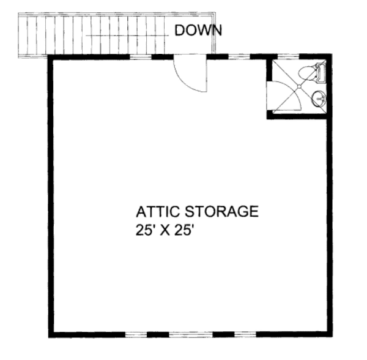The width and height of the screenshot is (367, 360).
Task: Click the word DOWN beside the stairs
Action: pyautogui.click(x=198, y=31)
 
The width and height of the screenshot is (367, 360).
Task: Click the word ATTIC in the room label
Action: pyautogui.click(x=158, y=211)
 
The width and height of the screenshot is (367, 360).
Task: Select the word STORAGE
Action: pyautogui.click(x=221, y=211)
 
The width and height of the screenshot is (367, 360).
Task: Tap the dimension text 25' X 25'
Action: pyautogui.click(x=166, y=230)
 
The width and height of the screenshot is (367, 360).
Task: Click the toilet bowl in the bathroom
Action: pyautogui.click(x=306, y=73)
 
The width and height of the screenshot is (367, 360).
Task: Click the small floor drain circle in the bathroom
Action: pyautogui.click(x=299, y=87)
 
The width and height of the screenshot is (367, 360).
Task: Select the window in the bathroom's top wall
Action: pyautogui.click(x=288, y=56)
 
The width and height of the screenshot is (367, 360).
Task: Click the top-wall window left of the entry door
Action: pyautogui.click(x=141, y=57)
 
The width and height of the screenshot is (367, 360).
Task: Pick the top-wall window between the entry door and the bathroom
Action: pyautogui.click(x=239, y=56)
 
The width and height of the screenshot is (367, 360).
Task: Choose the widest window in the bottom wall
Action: pyautogui.click(x=191, y=335)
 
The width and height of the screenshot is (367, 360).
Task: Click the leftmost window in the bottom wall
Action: pyautogui.click(x=136, y=335)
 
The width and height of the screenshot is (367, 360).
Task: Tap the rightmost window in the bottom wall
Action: pyautogui.click(x=245, y=335)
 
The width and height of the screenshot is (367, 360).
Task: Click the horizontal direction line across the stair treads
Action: pyautogui.click(x=127, y=36)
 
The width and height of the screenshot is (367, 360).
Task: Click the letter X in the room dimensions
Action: pyautogui.click(x=166, y=230)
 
